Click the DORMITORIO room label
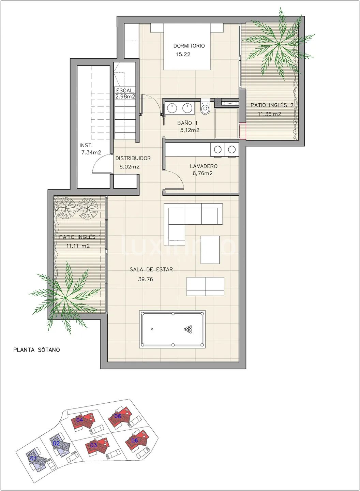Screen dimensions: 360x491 tap(189, 46)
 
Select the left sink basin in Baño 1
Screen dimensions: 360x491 tap(172, 107)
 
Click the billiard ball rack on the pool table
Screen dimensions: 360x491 tap(188, 329)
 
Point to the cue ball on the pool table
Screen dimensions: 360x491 tap(152, 329)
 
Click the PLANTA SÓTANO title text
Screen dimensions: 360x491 tap(36, 350)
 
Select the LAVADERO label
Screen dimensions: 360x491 tap(204, 166)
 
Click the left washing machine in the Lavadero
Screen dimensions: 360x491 tap(217, 150)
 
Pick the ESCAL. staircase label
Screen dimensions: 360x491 tap(125, 90)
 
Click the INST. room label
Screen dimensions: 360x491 tap(86, 145)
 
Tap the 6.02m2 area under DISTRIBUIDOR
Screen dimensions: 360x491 tap(129, 167)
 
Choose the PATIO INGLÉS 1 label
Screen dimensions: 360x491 tap(80, 237)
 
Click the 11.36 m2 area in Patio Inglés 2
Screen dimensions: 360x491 tap(270, 114)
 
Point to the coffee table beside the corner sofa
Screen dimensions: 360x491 tap(210, 250)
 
